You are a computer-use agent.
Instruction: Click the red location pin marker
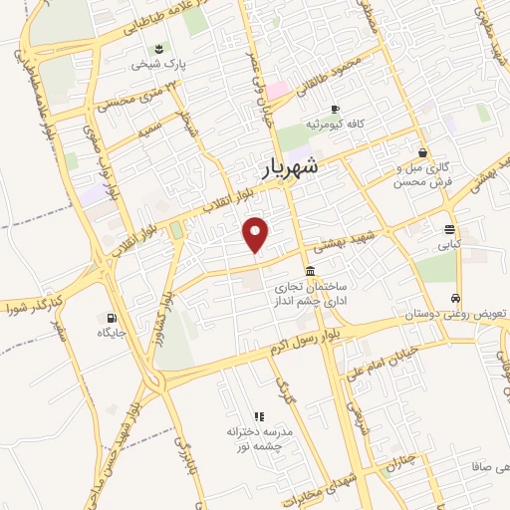(x=257, y=235)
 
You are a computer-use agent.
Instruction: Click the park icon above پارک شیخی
(x=159, y=49)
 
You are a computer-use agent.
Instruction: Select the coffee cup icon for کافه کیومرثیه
(x=335, y=109)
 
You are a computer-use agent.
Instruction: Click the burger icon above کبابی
(x=450, y=228)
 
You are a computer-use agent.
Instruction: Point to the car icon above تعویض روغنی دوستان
(x=455, y=299)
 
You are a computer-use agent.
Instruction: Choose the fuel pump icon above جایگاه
(x=109, y=319)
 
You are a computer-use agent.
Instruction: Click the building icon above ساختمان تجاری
(x=311, y=272)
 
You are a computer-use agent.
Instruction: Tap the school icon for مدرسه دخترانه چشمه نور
(x=258, y=416)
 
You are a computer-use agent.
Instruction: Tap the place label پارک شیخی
(x=161, y=66)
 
